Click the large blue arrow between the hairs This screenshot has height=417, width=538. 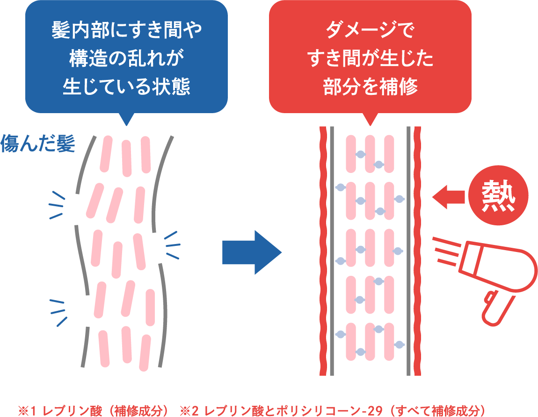click(x=250, y=252)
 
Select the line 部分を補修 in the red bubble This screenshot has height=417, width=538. click(x=370, y=87)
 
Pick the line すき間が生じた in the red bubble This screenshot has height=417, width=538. click(x=370, y=60)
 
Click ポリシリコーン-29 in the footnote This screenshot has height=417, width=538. click(x=327, y=411)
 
